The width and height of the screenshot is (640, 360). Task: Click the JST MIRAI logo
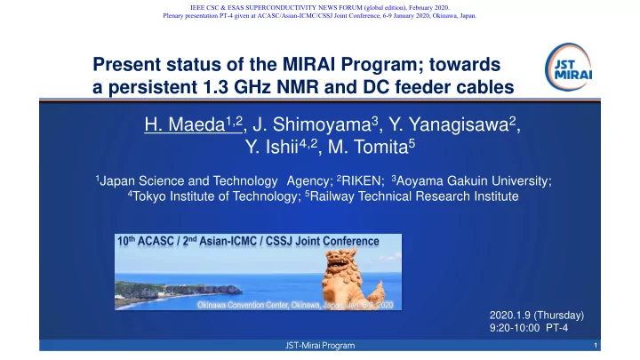click(x=568, y=67)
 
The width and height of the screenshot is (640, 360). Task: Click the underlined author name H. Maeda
click(x=194, y=124)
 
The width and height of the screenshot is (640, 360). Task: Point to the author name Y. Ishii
click(x=281, y=147)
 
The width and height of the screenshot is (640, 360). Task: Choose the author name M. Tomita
click(x=372, y=147)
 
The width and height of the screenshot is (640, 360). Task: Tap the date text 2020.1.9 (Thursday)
click(x=537, y=315)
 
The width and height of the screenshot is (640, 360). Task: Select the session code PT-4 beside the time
click(x=556, y=328)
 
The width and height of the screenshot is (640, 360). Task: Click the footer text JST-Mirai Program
click(x=320, y=345)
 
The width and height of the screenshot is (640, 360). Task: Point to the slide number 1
click(x=596, y=345)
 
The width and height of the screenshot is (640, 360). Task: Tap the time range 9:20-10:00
click(x=515, y=328)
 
